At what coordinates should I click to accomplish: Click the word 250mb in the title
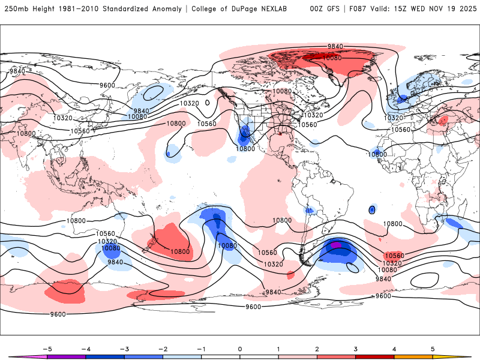pos(16,9)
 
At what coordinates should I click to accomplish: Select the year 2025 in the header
pos(464,9)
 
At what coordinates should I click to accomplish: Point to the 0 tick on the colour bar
pos(240,348)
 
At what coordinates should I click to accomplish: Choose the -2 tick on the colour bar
pos(163,348)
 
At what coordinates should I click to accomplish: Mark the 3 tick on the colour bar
pos(356,348)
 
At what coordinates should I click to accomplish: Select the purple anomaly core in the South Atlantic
pos(337,244)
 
